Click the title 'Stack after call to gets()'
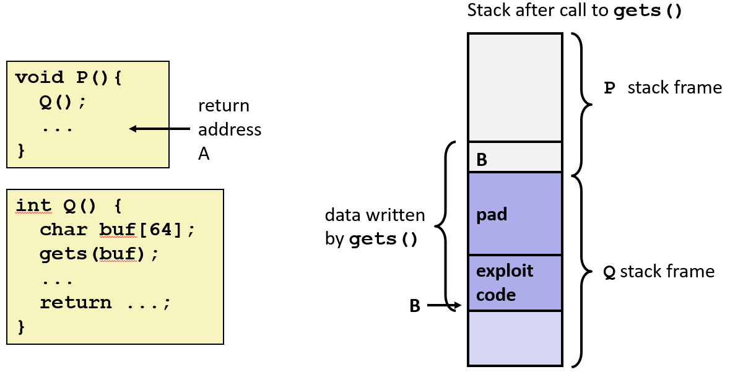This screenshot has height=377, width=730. [575, 11]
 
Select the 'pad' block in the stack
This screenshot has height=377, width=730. [515, 214]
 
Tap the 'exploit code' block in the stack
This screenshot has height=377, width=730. [515, 283]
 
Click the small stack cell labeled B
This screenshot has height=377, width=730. [515, 158]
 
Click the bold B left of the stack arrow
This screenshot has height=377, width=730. [415, 306]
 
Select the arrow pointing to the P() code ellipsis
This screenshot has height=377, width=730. [159, 129]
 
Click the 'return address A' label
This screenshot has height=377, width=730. [229, 129]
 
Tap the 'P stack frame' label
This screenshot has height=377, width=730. [663, 88]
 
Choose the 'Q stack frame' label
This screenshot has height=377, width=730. [659, 272]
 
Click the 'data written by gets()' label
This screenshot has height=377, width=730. [375, 227]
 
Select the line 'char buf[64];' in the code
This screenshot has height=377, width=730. [117, 230]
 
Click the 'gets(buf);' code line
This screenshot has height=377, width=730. [99, 254]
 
